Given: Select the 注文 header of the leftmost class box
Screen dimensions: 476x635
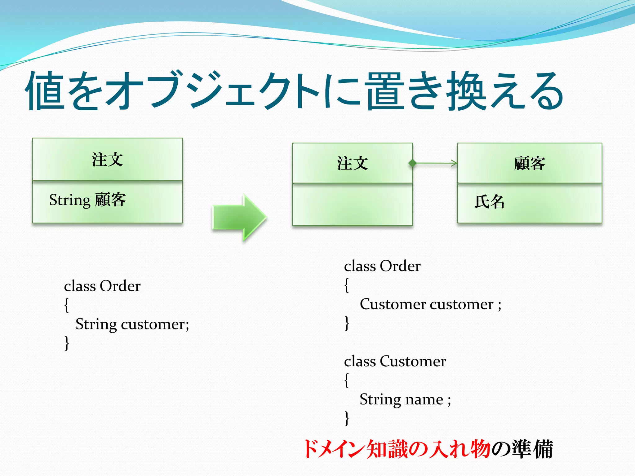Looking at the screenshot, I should pos(107,160).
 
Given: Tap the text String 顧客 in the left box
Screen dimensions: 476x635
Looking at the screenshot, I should pos(87,200).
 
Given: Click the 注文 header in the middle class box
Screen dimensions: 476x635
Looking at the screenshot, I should pos(352,163).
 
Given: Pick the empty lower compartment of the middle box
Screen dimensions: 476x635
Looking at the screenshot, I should pos(352,205).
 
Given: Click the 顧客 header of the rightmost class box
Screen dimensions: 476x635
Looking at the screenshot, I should pos(529,163).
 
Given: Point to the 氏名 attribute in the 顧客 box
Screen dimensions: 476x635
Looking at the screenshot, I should pos(490,202).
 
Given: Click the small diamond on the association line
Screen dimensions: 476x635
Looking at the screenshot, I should pos(412,163).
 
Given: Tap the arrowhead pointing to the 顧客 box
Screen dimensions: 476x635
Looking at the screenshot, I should pos(454,163).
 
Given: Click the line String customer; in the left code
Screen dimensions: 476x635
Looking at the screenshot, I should pos(132,324).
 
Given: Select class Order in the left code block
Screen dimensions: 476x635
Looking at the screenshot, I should pos(102,286).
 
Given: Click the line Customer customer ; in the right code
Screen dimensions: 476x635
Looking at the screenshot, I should pos(430,304).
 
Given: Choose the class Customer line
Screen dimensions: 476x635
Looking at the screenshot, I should pos(395,361).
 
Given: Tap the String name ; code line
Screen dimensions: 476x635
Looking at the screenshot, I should pos(405,399).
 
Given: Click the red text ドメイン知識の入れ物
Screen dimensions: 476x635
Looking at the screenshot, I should pos(397,449).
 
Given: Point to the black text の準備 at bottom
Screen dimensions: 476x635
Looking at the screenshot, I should pos(523,449).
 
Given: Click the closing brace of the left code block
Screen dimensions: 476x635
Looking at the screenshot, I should pos(67,343).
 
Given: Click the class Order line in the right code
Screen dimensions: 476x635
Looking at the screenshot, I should pos(382,266).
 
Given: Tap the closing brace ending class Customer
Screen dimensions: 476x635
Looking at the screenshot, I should pos(347,418).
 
